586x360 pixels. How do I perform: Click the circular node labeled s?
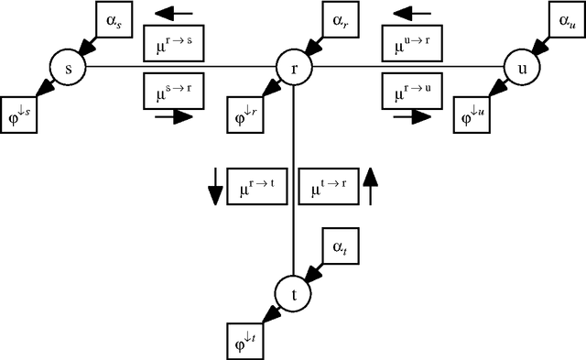point(67,67)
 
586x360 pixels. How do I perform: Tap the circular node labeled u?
point(519,67)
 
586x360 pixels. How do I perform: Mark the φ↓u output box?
point(473,114)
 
